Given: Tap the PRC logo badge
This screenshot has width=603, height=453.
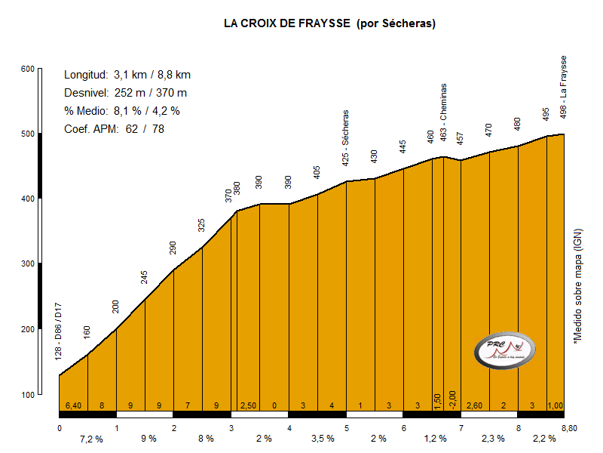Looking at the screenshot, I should click(x=504, y=350).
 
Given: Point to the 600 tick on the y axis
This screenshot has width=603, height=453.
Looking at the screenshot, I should click(x=28, y=69).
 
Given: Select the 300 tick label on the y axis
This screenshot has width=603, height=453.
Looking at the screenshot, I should click(x=28, y=264).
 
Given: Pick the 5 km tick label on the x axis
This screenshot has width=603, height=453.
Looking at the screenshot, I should click(x=347, y=428).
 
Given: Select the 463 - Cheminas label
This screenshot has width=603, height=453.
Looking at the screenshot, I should click(x=443, y=112).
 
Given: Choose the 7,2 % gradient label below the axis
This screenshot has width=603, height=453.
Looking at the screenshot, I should click(x=90, y=439).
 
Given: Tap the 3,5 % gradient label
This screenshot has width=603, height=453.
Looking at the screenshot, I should click(x=323, y=439).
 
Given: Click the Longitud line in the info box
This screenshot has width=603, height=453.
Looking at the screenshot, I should click(x=127, y=75).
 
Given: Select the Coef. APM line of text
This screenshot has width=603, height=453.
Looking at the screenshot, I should click(x=114, y=129).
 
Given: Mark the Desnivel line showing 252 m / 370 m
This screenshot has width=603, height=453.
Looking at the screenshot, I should click(x=125, y=93).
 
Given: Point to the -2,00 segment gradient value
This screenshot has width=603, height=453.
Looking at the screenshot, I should click(x=452, y=399).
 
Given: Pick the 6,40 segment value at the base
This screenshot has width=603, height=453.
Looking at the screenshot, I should click(x=73, y=405).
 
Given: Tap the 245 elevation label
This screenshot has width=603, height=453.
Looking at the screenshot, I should click(x=145, y=276).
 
